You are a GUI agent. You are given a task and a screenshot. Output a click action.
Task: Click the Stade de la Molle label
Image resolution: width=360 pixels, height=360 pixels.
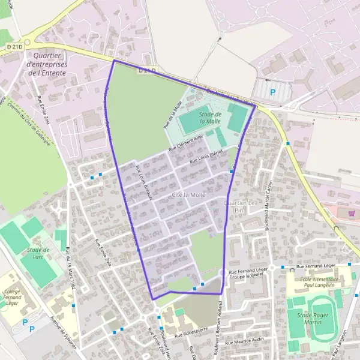(x=211, y=117)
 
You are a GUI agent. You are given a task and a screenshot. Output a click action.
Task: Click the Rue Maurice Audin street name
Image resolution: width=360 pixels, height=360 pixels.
(x=245, y=341)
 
